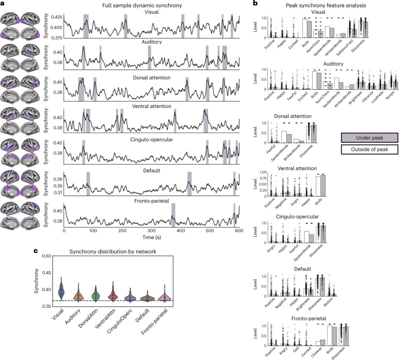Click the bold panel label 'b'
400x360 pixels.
tap(255, 3)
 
